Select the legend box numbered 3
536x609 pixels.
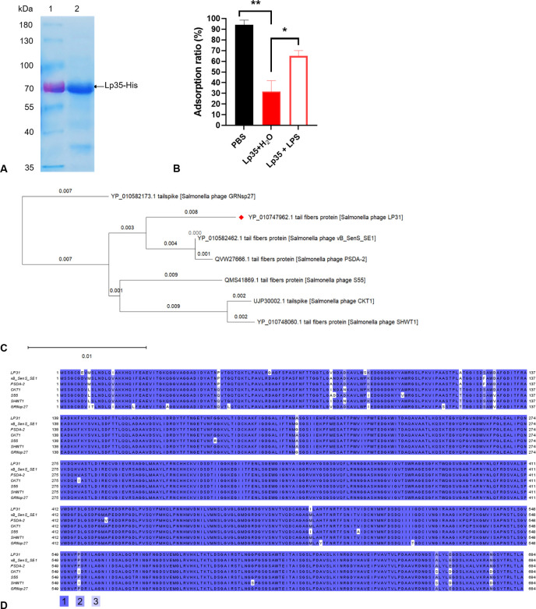pyautogui.click(x=96, y=600)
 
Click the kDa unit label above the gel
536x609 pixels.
pyautogui.click(x=15, y=8)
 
